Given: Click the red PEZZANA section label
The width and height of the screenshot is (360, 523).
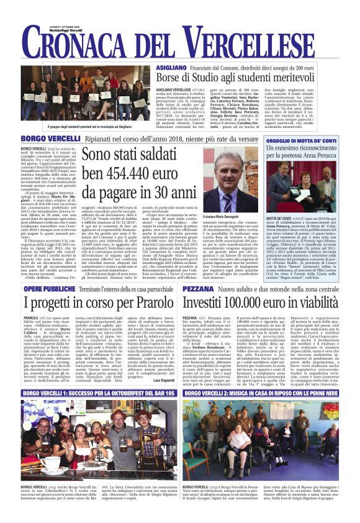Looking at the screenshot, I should coord(200,290).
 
